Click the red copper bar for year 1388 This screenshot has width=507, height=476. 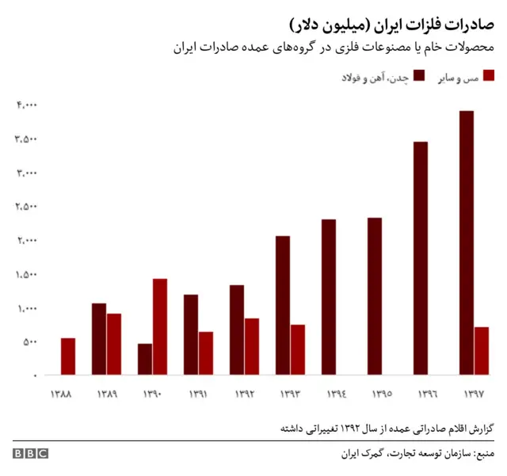(x=68, y=356)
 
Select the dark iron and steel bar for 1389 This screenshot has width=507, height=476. (x=99, y=339)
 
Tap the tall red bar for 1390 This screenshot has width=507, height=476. (x=160, y=326)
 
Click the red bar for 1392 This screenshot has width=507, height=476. (x=252, y=346)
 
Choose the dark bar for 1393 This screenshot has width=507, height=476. (x=283, y=305)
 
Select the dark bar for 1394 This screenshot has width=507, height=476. (x=329, y=297)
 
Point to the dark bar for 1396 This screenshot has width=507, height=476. (x=421, y=258)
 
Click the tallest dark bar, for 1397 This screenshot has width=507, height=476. (x=467, y=242)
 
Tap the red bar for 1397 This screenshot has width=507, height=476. (x=482, y=351)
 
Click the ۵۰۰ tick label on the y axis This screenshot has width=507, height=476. (x=29, y=342)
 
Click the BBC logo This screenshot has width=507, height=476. (x=30, y=454)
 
